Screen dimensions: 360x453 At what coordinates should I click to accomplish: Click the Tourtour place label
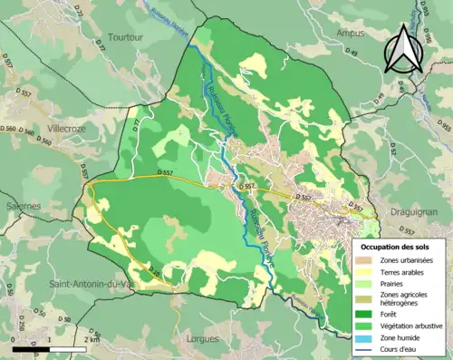click(x=127, y=37)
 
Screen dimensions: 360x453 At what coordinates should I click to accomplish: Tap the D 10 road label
click(x=153, y=271)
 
